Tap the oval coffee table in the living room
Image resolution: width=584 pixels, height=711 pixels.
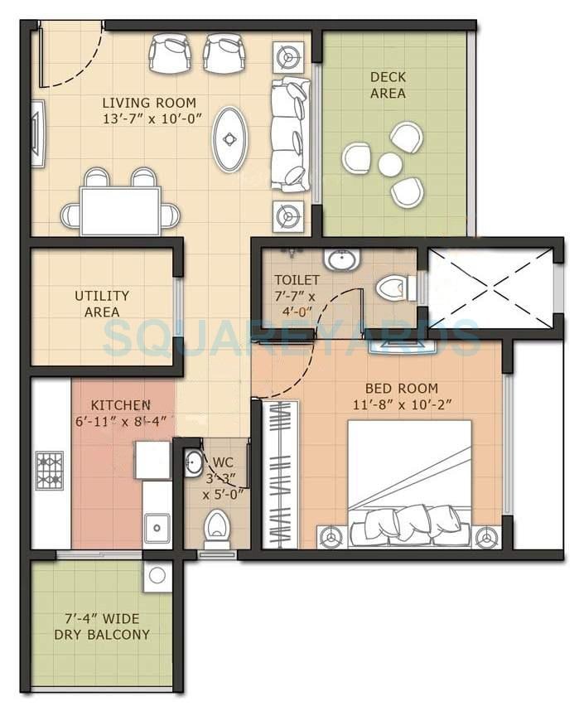click(x=229, y=138)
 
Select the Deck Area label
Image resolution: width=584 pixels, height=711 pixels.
click(x=388, y=85)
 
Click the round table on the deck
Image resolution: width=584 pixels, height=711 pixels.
click(x=389, y=165)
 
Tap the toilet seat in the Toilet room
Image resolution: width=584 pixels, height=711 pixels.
click(x=393, y=288)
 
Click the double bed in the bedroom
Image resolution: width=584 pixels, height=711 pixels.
click(x=408, y=484)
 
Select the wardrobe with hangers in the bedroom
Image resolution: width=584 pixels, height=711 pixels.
click(x=280, y=474)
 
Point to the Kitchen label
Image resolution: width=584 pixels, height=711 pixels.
click(x=121, y=405)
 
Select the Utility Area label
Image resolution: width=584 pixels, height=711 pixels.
click(x=102, y=303)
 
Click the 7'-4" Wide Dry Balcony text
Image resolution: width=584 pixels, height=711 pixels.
click(x=102, y=626)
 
